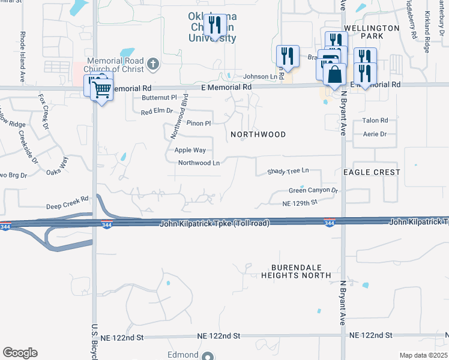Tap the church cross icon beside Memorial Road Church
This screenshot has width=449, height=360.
point(154,62)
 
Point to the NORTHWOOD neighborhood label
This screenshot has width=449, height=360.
point(258,134)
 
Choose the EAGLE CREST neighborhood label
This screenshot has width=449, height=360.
point(372,172)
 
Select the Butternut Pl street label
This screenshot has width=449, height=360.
point(160,97)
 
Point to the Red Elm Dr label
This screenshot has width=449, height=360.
point(157,112)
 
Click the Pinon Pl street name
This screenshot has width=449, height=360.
point(199,124)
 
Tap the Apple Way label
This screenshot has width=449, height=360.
point(190,150)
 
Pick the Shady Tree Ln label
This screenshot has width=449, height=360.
point(288,171)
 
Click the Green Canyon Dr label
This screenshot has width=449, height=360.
point(313,191)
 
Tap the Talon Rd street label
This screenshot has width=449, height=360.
point(375,121)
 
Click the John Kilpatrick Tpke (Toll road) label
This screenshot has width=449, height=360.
point(214,223)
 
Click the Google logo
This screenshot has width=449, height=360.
point(20,353)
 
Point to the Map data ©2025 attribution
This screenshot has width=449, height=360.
point(423,355)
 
